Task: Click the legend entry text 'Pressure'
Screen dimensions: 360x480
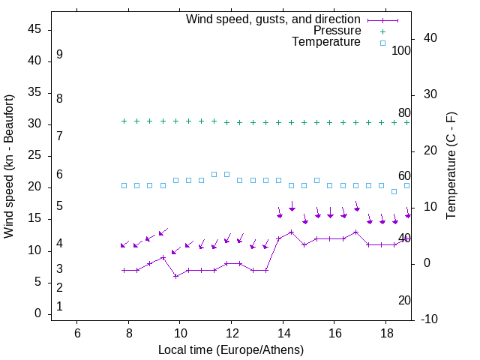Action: coord(337,31)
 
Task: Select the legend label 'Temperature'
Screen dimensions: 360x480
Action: coord(326,42)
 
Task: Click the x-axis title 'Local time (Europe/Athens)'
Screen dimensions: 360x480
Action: coord(231,349)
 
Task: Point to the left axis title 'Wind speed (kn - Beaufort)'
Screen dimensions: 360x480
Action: coord(9,166)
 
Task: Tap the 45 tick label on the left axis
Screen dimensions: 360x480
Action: coord(34,29)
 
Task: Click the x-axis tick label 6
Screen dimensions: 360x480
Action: coord(77,332)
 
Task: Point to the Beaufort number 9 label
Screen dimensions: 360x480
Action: coord(59,55)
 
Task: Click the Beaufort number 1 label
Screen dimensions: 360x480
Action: coord(59,306)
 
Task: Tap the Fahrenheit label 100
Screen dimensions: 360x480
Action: coord(401,50)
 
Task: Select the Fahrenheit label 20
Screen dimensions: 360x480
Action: coord(404,300)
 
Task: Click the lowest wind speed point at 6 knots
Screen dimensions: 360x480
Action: coord(175,276)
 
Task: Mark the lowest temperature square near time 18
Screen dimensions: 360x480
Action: coord(394,191)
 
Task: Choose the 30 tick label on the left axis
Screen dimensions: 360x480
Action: coord(34,124)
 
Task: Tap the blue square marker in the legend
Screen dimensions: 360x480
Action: coord(382,43)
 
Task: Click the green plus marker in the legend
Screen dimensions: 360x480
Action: coord(382,31)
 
